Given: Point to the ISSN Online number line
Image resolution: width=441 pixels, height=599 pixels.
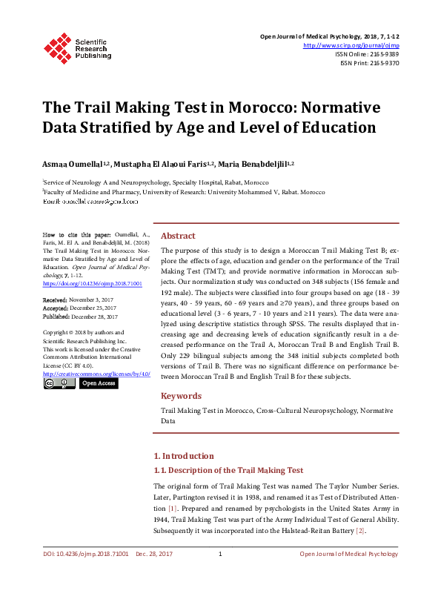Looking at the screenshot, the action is (x=367, y=54).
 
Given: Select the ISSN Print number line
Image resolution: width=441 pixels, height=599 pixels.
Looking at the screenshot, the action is (x=370, y=63).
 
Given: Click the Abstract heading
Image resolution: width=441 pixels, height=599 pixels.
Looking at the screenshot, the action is (x=178, y=235).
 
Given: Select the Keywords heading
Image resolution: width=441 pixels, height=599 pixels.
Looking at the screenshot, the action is (x=181, y=396).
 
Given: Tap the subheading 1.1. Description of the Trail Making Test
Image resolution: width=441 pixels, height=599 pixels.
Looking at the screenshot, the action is (x=228, y=470).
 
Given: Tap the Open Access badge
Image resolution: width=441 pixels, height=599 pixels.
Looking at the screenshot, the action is (x=98, y=383).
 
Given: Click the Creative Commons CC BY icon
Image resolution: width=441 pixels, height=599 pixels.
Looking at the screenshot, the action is (x=59, y=383).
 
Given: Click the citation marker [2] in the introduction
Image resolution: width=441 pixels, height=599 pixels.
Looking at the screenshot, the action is (x=360, y=531).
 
